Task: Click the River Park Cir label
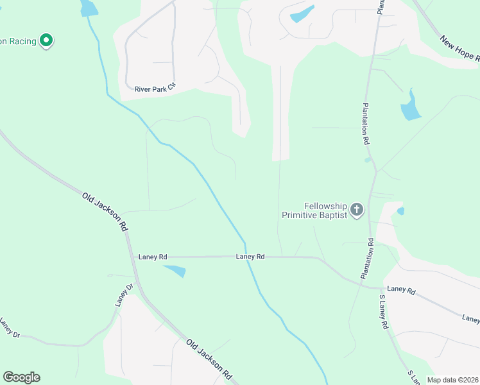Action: point(155,89)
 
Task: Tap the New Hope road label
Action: point(459,49)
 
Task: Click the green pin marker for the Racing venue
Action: point(46,40)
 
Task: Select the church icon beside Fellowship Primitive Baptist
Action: point(357,209)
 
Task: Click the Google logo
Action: point(21,377)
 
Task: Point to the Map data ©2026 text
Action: point(452,380)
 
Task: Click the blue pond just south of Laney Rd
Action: point(174,271)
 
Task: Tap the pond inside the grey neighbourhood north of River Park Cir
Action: point(302,14)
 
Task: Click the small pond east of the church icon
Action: point(400,210)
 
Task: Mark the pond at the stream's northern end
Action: point(89,8)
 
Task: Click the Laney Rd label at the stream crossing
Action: point(250,257)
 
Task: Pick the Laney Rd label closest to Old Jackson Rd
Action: point(153,257)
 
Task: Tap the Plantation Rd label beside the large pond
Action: point(366,124)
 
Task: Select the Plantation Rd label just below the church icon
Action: point(367,258)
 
